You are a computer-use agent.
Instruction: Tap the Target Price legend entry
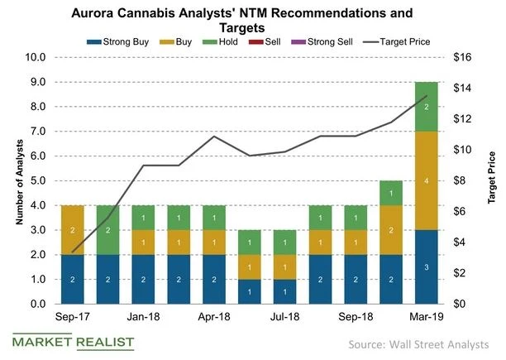413,39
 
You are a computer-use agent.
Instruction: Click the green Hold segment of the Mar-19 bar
426,107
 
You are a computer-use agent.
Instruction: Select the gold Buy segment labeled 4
426,180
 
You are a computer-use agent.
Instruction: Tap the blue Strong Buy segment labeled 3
426,266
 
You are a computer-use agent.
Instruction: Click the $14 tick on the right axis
465,89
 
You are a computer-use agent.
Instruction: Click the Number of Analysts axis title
15,180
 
